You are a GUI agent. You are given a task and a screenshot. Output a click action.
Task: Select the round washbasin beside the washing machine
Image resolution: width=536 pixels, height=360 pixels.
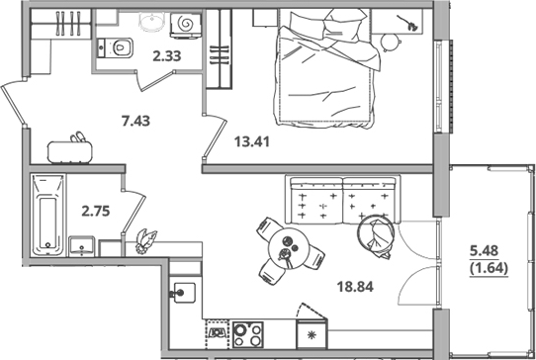151,23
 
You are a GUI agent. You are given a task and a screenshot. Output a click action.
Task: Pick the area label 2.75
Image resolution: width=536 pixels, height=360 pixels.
96,211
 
